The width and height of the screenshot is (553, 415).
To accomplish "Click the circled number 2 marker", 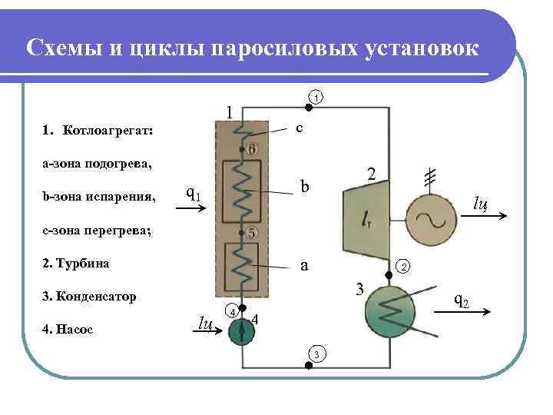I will pos(404,267).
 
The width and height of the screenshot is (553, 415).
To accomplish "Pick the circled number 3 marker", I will pos(316,354).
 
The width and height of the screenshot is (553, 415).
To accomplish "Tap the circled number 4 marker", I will pos(229,311).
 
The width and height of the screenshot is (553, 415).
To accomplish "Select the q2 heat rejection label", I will pos(462,300).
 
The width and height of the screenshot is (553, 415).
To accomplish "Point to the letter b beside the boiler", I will pos(305,187).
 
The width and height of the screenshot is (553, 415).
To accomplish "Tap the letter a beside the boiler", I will pos(304,266).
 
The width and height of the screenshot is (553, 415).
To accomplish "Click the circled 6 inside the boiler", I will pos(252,148).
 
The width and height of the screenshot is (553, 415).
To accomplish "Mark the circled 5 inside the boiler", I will pos(252,233).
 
